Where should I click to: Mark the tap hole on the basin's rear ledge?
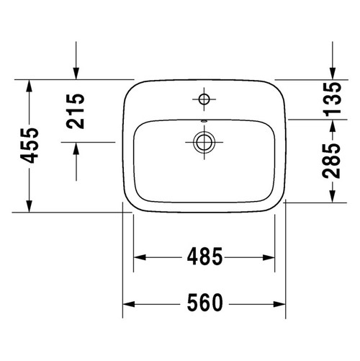[x=204, y=97]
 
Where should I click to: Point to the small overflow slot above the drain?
[x=204, y=119]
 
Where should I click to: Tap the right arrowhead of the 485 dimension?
[x=271, y=257]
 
